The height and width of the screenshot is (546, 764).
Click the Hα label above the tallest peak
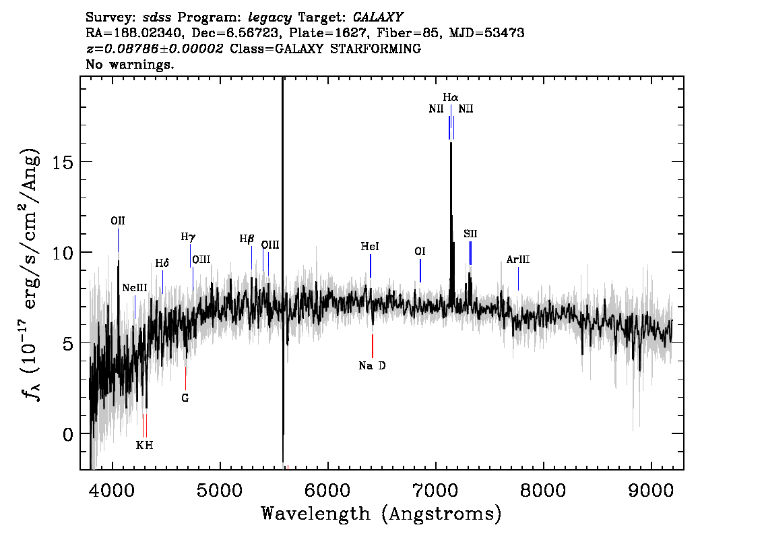click(451, 97)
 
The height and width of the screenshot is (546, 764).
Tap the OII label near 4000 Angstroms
click(118, 221)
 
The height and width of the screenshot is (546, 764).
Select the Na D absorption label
click(373, 365)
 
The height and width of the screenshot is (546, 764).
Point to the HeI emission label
click(370, 247)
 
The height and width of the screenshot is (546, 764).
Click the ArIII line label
click(518, 260)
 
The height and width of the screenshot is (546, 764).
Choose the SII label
click(470, 233)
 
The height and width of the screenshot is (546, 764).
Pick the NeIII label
click(135, 288)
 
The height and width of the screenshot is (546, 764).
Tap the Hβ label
click(247, 239)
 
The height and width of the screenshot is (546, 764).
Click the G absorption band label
click(185, 398)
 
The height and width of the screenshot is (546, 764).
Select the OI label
click(420, 251)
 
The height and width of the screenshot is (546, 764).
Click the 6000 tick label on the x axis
click(328, 491)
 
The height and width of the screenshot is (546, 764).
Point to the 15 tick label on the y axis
click(62, 162)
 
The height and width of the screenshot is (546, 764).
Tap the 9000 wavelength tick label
click(651, 491)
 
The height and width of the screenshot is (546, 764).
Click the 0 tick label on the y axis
click(68, 434)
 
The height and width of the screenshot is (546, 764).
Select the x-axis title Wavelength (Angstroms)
click(381, 514)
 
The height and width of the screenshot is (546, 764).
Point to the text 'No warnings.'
click(129, 64)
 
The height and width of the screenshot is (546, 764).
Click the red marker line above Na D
click(373, 346)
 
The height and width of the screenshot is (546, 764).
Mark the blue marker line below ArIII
click(519, 279)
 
